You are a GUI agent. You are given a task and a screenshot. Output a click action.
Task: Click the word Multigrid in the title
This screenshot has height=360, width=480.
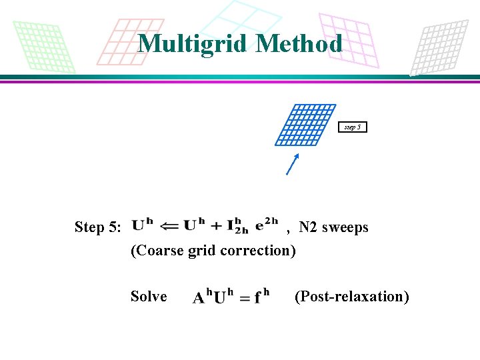pos(193,43)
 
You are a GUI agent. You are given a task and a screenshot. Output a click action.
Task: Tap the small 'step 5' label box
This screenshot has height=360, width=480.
pos(353,127)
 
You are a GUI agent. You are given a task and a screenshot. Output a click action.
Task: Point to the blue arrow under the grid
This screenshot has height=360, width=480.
pos(292,164)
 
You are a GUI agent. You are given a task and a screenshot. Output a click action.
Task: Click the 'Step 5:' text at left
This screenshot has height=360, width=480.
pos(98,227)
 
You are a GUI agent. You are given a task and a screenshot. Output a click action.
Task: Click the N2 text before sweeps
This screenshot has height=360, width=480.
pos(308,227)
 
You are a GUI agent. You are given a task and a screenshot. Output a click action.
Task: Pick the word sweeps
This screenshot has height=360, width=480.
pos(345,227)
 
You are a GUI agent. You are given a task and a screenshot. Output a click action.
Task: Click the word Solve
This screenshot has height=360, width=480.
pos(149,296)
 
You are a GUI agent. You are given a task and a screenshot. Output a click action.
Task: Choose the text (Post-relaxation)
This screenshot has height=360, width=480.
pos(351,296)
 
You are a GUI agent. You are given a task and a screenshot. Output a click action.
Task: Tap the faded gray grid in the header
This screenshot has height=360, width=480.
pos(441,47)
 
